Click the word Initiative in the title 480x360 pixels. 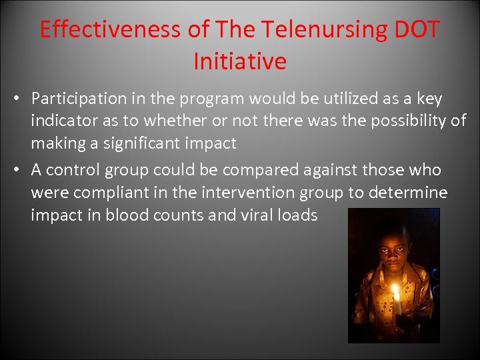coord(240,61)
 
